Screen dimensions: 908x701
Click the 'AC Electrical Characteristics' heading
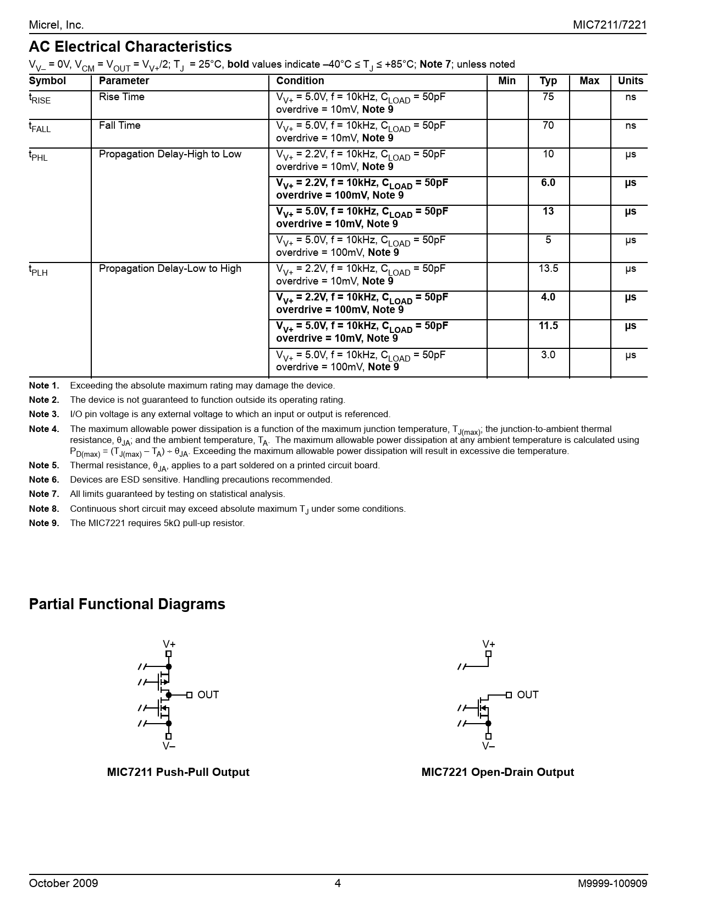[x=130, y=47]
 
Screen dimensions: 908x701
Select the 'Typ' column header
[x=548, y=81]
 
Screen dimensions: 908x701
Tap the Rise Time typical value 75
[x=548, y=97]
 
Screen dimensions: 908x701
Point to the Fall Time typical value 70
[x=548, y=125]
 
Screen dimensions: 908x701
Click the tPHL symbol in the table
[x=38, y=156]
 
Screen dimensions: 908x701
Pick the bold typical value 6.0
[x=548, y=183]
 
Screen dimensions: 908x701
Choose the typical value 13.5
[x=548, y=269]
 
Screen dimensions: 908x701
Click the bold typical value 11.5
[x=548, y=326]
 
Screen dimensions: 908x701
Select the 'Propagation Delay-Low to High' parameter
[x=170, y=269]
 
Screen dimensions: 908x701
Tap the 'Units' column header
[x=630, y=81]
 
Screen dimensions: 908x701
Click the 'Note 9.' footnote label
[x=44, y=523]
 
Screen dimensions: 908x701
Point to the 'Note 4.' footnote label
[x=44, y=429]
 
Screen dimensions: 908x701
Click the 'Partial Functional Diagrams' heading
[x=127, y=604]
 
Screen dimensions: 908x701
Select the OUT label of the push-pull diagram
[x=208, y=695]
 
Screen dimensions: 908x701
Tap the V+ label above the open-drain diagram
[x=488, y=644]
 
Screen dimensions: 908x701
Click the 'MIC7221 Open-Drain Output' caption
[x=498, y=773]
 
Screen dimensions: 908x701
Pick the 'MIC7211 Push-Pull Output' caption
[x=178, y=773]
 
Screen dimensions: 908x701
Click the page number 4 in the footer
[x=338, y=884]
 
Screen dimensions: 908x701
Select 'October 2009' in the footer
[x=63, y=884]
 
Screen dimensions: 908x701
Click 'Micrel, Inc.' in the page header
[x=56, y=25]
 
